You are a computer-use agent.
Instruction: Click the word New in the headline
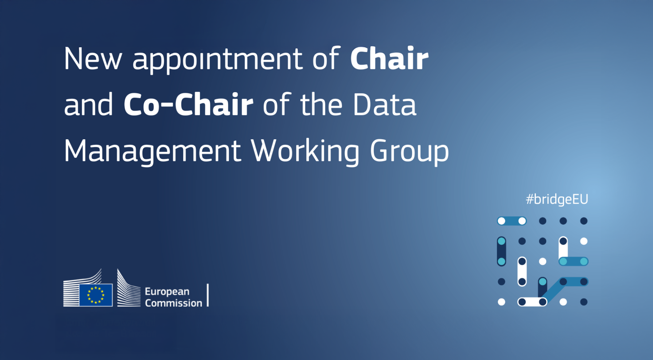[x=93, y=59]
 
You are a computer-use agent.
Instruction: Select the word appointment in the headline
[x=217, y=60]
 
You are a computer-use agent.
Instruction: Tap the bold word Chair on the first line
[x=389, y=58]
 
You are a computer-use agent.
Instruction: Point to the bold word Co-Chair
[x=189, y=104]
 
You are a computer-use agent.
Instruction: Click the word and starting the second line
[x=89, y=104]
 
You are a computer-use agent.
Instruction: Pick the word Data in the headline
[x=385, y=105]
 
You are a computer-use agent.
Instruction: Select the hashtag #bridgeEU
[x=557, y=199]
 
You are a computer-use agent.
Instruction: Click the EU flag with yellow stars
[x=96, y=295]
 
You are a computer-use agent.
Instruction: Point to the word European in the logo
[x=167, y=292]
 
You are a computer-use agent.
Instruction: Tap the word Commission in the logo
[x=174, y=303]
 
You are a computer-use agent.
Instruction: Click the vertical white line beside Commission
[x=208, y=295]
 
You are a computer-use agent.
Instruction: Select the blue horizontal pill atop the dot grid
[x=512, y=221]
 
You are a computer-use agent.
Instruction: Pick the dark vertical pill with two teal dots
[x=502, y=251]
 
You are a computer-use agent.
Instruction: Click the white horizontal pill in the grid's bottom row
[x=532, y=302]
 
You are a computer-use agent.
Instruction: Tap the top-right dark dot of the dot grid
[x=584, y=221]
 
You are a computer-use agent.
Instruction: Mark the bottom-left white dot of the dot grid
[x=502, y=302]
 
